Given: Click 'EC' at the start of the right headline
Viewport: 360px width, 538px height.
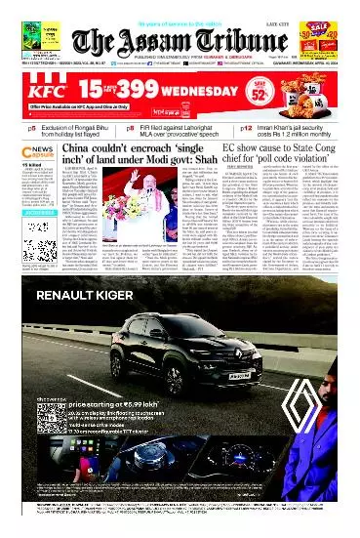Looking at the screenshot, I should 232,148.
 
